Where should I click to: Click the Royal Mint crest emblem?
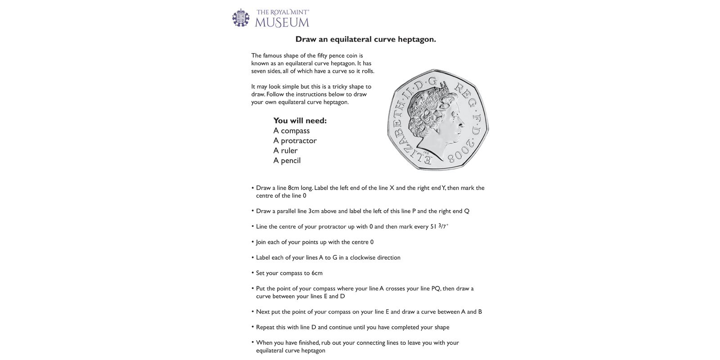click(241, 18)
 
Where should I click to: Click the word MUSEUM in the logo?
click(282, 22)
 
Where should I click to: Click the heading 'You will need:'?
click(300, 121)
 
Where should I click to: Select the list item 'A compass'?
click(291, 130)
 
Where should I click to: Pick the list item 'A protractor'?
click(295, 140)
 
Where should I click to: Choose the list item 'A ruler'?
click(285, 150)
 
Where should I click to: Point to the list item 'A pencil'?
click(287, 160)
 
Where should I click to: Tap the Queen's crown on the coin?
click(439, 94)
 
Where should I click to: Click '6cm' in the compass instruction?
click(317, 273)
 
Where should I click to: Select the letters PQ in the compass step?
click(436, 288)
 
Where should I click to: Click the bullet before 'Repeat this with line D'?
click(252, 327)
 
